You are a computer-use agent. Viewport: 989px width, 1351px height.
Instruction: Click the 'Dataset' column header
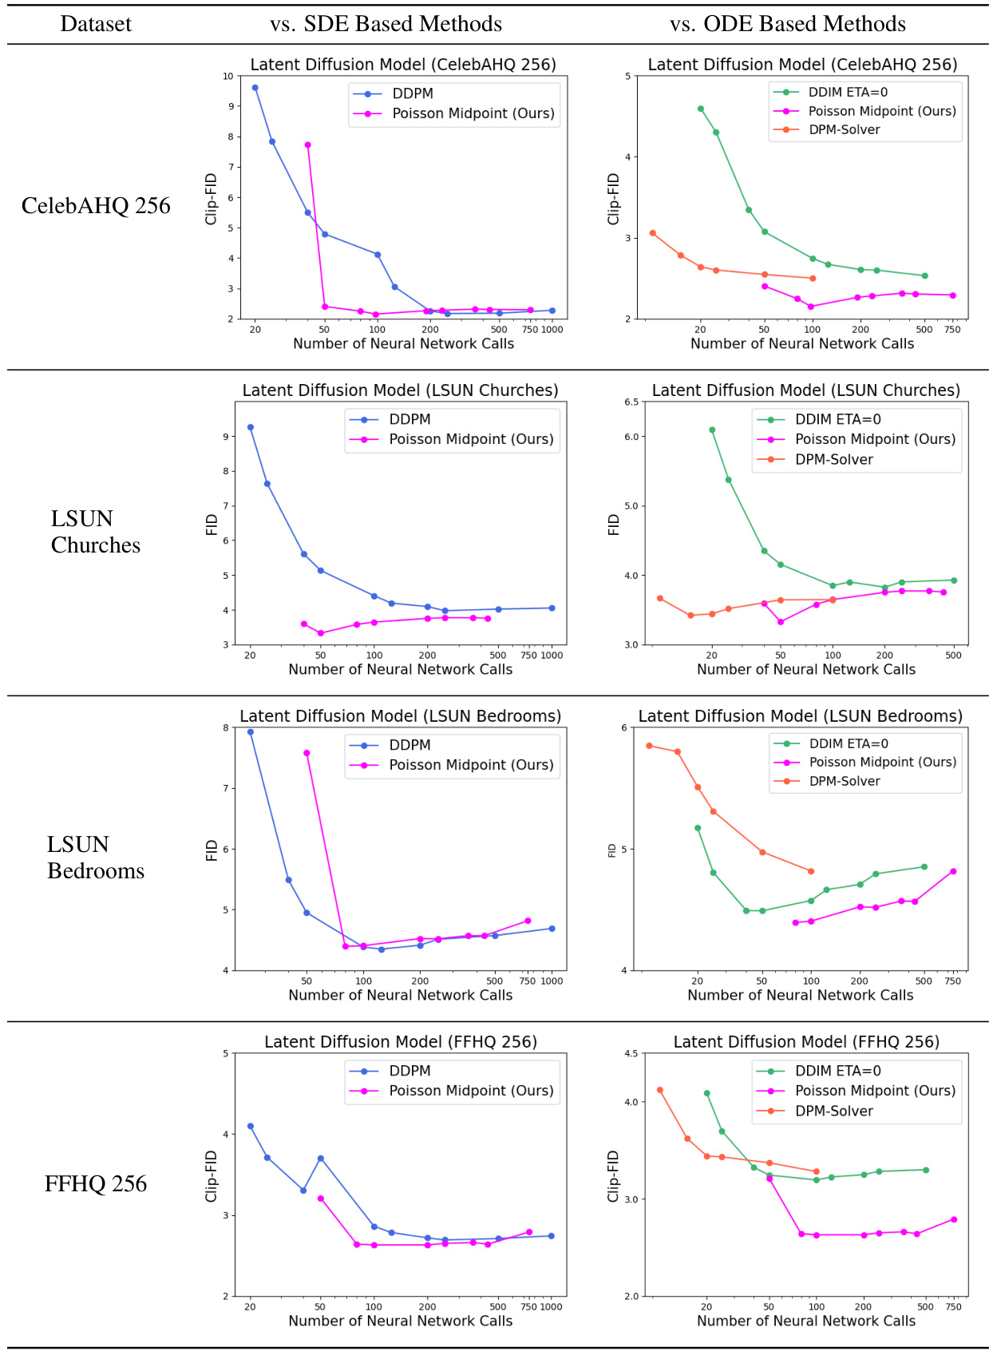[96, 24]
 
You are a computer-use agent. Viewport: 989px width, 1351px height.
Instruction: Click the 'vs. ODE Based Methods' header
[788, 24]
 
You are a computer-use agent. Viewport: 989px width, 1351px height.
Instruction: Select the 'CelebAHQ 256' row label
[96, 206]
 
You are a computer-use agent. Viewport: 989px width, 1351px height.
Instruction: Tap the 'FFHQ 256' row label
[96, 1183]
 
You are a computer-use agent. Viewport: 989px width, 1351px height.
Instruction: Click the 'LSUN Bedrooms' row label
[96, 858]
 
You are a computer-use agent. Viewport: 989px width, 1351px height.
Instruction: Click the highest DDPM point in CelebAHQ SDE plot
[255, 88]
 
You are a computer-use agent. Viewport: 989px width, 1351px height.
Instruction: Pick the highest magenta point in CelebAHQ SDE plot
[307, 145]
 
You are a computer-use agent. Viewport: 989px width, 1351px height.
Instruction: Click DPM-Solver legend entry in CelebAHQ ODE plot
[844, 129]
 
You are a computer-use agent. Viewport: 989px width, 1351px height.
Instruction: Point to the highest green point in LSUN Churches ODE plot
[712, 430]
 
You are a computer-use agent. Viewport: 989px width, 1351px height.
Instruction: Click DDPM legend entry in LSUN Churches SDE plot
[409, 419]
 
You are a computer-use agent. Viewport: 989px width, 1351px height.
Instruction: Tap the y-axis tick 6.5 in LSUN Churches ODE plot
[631, 402]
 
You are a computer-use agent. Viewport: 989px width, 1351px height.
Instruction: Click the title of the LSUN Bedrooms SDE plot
[400, 716]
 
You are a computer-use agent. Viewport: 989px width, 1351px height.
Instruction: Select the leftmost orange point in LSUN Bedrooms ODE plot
[649, 746]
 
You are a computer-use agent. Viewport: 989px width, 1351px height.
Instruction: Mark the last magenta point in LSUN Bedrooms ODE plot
[953, 872]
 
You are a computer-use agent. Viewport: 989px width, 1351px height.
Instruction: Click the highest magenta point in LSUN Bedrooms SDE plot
[307, 753]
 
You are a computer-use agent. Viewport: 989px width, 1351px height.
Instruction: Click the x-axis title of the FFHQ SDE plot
[400, 1321]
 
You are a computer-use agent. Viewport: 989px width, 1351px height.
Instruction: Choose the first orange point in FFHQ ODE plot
[660, 1090]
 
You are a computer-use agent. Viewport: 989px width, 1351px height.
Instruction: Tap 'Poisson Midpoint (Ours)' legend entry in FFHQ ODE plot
[874, 1091]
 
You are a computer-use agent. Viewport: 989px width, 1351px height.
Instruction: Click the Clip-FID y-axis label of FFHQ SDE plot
[212, 1176]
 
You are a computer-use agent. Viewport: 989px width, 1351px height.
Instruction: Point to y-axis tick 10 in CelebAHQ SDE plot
[228, 77]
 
